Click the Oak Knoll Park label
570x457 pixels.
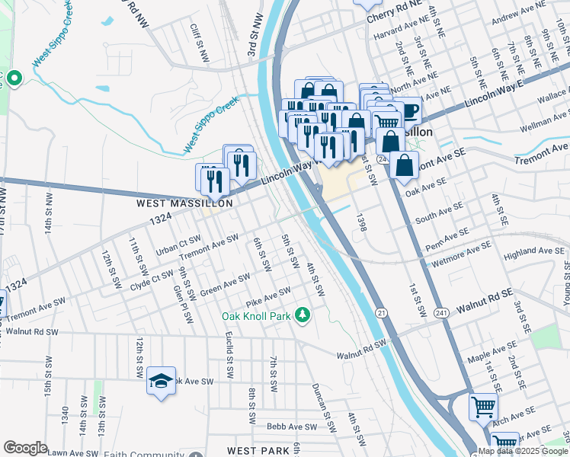258,316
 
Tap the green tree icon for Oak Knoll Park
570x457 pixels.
303,314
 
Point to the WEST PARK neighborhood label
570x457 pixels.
253,451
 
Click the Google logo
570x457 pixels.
25,448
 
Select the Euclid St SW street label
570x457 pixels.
229,356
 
